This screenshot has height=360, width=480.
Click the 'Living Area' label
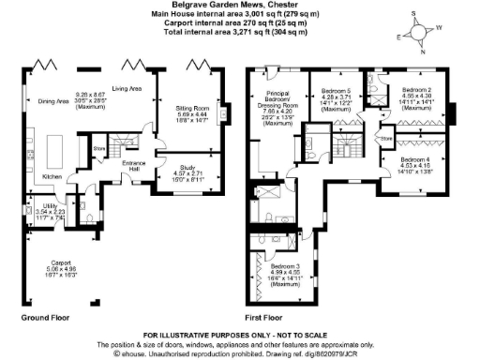point(127,88)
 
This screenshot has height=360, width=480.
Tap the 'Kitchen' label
point(52,176)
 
